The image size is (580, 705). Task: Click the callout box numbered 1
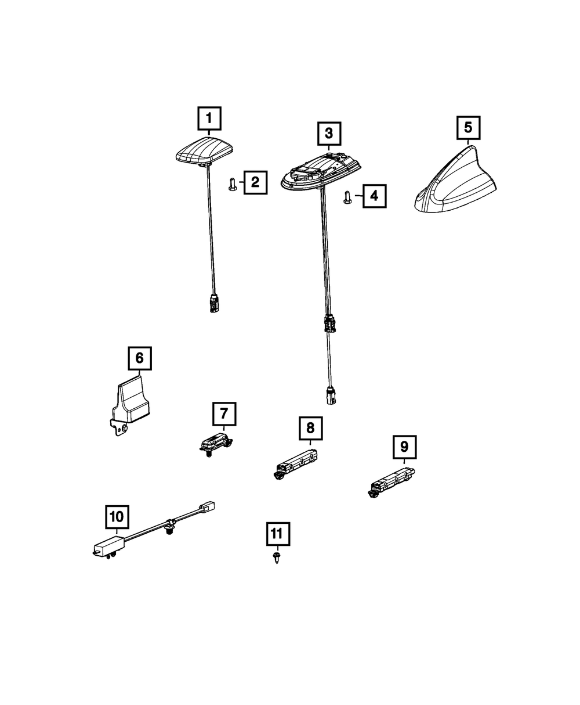click(x=209, y=119)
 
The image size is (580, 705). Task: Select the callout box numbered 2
click(x=255, y=183)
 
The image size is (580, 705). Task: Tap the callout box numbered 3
click(x=329, y=134)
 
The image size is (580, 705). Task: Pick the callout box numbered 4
click(x=374, y=196)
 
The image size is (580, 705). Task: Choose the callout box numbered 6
click(x=139, y=359)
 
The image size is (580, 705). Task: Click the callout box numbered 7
click(x=224, y=415)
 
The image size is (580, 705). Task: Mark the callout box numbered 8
click(x=310, y=429)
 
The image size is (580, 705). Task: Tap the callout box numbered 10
click(x=116, y=516)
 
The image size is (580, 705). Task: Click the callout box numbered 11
click(x=277, y=533)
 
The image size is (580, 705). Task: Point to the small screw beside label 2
click(x=232, y=185)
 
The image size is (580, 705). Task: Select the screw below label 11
click(x=277, y=559)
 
